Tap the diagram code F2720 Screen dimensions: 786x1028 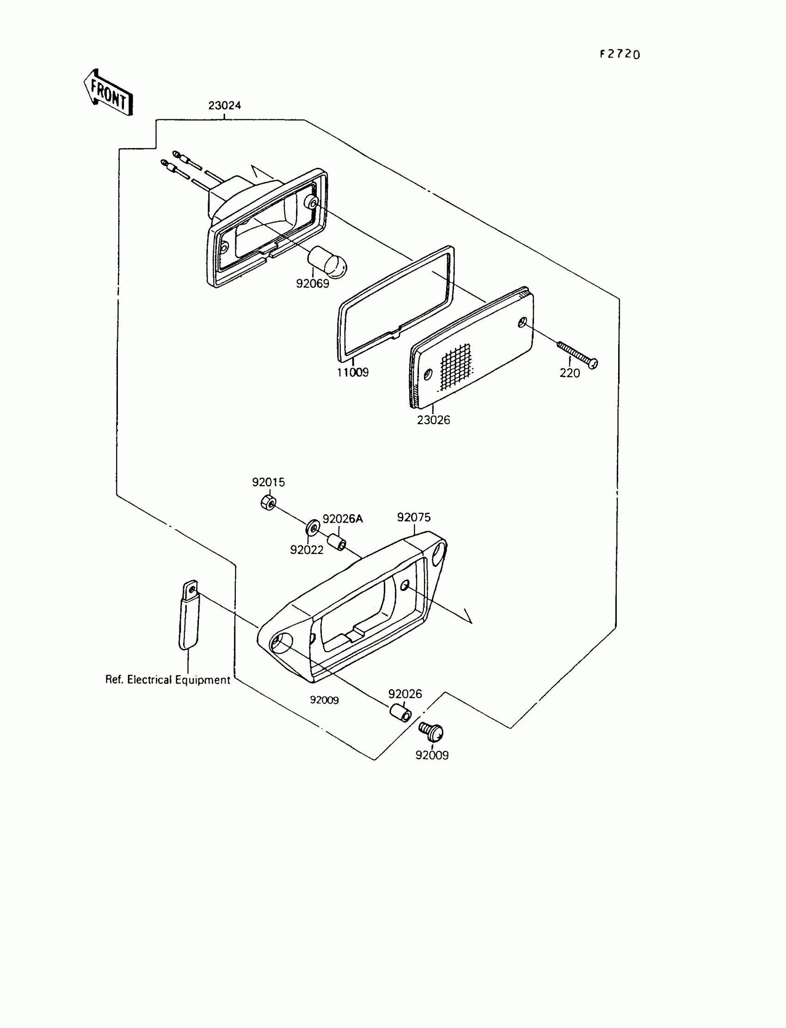(x=620, y=54)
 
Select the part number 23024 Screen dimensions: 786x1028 (x=225, y=106)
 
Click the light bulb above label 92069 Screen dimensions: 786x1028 (x=327, y=262)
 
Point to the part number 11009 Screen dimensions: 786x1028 (x=353, y=372)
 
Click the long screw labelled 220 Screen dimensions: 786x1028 (x=578, y=355)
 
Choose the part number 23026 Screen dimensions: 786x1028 (x=433, y=420)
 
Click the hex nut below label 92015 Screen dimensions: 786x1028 (x=268, y=502)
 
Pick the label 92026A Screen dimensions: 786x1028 (x=343, y=518)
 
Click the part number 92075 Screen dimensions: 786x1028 (x=414, y=517)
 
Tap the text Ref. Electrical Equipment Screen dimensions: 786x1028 (x=167, y=679)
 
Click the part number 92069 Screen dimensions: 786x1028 (x=313, y=283)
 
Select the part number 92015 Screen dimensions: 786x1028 (x=268, y=482)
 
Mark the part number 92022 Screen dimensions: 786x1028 (x=307, y=550)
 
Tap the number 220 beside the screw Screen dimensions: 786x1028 (x=569, y=373)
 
